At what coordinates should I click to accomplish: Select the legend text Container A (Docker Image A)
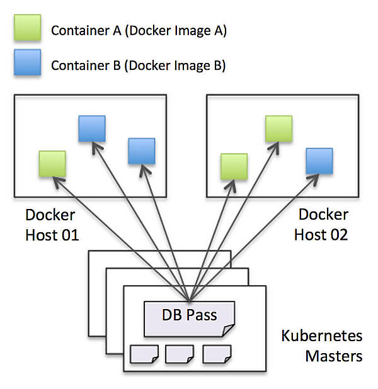(x=139, y=31)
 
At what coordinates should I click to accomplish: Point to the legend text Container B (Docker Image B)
(x=139, y=65)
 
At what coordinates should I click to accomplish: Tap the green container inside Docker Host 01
(x=52, y=164)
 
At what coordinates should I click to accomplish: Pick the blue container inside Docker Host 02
(x=319, y=161)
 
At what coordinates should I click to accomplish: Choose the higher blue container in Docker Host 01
(x=92, y=128)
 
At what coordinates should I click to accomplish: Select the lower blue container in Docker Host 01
(x=141, y=151)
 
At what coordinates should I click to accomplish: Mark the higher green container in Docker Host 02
(x=278, y=128)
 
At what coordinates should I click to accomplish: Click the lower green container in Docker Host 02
(x=233, y=166)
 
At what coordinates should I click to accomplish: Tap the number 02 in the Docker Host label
(x=335, y=235)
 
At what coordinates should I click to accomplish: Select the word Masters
(x=334, y=356)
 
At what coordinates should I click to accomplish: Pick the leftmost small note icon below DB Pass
(x=144, y=354)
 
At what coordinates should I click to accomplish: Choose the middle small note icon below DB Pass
(x=179, y=354)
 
